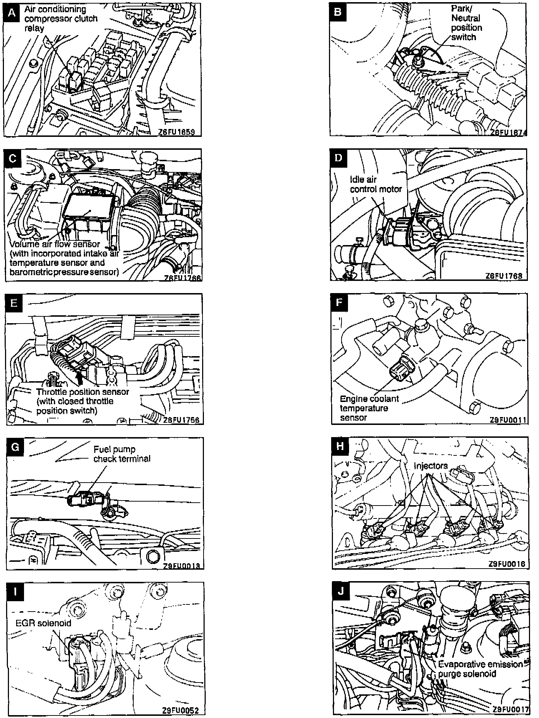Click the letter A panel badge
pos(13,12)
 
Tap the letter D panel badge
pos(338,158)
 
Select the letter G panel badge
pos(15,447)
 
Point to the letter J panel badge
pos(341,591)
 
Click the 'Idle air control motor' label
pos(376,185)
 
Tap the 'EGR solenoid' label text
pos(43,633)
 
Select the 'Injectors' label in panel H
pos(430,466)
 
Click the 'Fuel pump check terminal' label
pos(121,454)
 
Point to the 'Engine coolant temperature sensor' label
pos(369,408)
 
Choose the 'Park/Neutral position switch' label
pos(466,23)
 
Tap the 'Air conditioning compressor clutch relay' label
pos(61,19)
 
